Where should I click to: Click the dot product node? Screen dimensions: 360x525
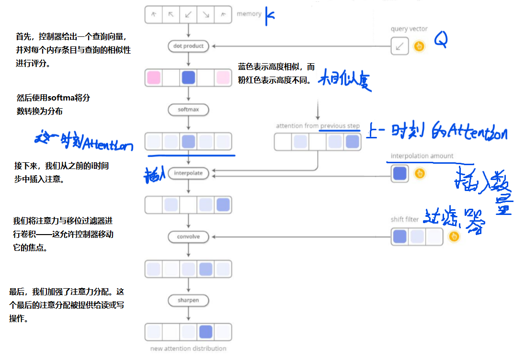(x=189, y=46)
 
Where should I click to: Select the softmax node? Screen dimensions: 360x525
(x=189, y=110)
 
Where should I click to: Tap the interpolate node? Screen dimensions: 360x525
(x=189, y=173)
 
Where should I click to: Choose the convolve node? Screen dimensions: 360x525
(x=189, y=236)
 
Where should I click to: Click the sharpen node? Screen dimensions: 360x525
(x=189, y=300)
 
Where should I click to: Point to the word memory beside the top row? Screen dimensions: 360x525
(x=249, y=14)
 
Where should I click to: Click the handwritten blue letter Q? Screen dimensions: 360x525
(x=441, y=40)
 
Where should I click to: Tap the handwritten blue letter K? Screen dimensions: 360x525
(x=270, y=15)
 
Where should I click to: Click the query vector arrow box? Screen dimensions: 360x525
(x=399, y=46)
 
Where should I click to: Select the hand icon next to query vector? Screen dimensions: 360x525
(x=419, y=46)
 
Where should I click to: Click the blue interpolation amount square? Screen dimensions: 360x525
(x=399, y=173)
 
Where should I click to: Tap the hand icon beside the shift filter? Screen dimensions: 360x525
(x=454, y=236)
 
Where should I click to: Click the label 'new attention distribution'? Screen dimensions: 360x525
(x=188, y=348)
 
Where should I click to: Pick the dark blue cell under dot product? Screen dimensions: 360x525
(x=188, y=78)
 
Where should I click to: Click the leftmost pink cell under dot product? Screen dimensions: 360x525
(x=154, y=78)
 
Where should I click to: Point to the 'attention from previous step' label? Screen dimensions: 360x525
(x=318, y=126)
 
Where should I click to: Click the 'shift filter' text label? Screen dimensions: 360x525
(x=405, y=220)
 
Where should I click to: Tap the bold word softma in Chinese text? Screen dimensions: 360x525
(x=63, y=98)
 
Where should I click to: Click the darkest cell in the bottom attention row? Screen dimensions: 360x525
(x=205, y=332)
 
